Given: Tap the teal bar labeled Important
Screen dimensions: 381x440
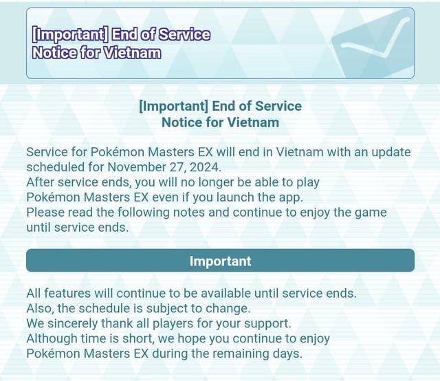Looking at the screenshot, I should [x=220, y=261].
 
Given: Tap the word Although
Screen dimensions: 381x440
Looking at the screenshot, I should [x=53, y=338].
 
